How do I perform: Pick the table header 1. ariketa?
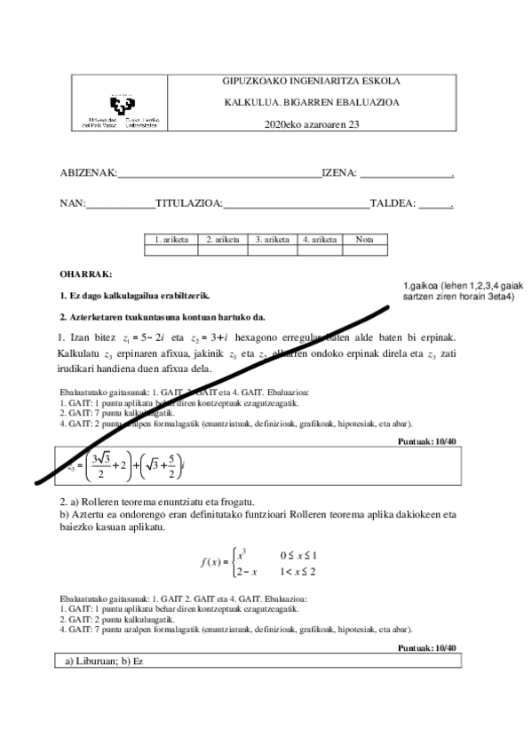coord(171,239)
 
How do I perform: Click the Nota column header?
coord(364,239)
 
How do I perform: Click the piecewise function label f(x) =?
coord(212,561)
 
